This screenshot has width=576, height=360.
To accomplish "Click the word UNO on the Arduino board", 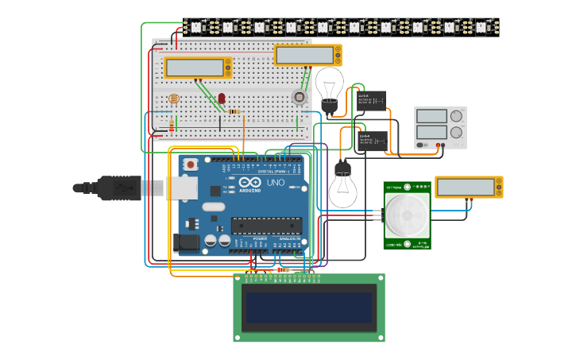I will click(275, 183).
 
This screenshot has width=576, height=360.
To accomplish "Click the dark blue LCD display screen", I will click(309, 308).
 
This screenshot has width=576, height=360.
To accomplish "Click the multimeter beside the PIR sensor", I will click(468, 187).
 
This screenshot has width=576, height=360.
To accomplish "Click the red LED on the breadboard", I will click(222, 99).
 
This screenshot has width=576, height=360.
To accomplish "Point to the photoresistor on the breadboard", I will click(174, 99).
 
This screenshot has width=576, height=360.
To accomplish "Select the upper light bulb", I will click(329, 85).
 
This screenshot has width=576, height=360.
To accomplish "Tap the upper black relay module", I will click(371, 100).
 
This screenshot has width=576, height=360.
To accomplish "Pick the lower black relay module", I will click(372, 141).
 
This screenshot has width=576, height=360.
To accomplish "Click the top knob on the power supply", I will click(456, 116).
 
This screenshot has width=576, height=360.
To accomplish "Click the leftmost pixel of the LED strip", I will click(195, 26).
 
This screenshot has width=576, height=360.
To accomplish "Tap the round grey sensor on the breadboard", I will click(299, 97).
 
